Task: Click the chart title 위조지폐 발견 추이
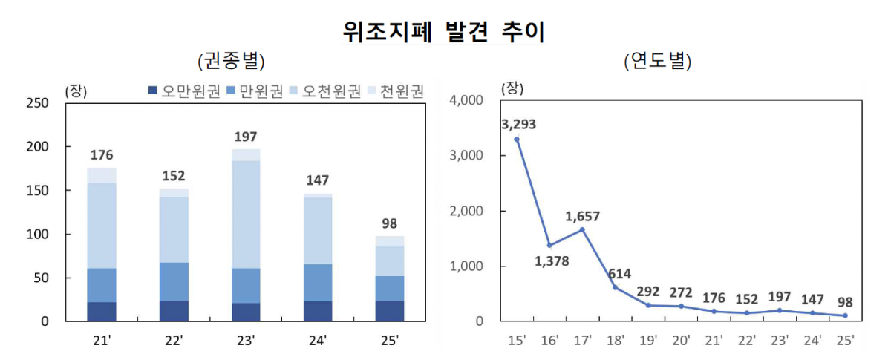coord(444,31)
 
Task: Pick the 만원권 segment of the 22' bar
coord(174,281)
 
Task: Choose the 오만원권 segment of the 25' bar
coord(389,310)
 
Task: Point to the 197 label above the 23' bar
coord(246,137)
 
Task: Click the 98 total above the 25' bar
coord(389,223)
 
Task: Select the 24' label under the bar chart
coord(318,341)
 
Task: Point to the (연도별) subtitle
coord(658,62)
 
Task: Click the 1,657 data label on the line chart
coord(582,217)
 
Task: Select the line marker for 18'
coord(615,287)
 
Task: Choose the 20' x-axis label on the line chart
coord(680,341)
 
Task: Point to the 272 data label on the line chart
coord(680,292)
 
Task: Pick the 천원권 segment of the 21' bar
coord(102,175)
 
